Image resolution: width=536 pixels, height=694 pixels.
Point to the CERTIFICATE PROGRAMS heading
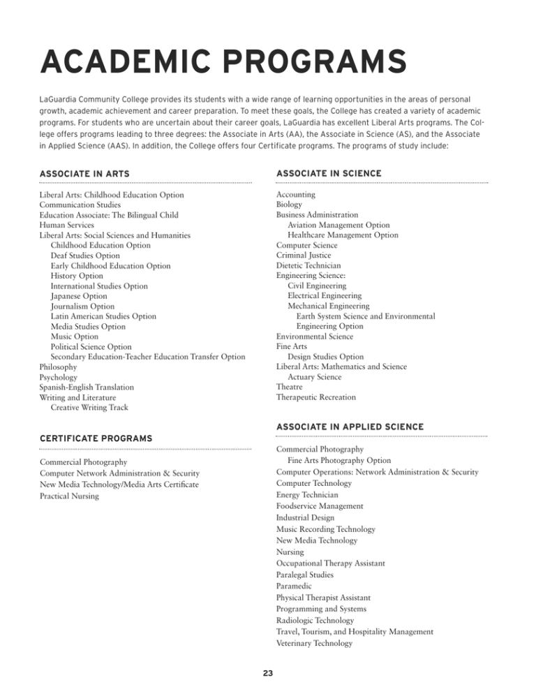(96, 438)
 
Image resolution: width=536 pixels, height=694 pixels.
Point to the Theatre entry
(290, 387)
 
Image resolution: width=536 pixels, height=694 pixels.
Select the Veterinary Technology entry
(314, 643)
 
